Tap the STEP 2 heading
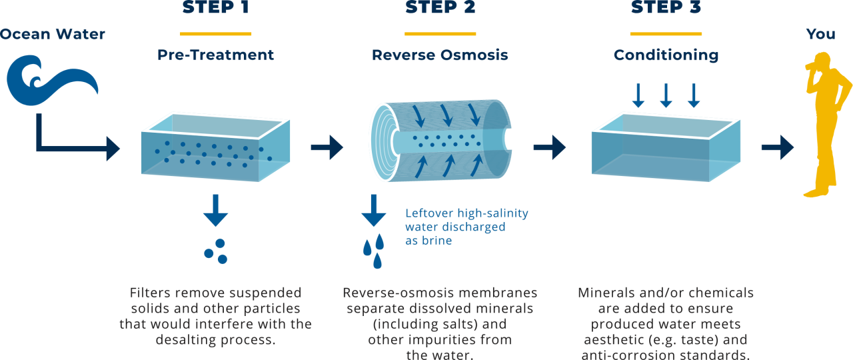440,9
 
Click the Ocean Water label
53,35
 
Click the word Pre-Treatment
215,55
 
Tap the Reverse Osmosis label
440,55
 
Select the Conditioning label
666,55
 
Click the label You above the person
820,34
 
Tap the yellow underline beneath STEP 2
440,33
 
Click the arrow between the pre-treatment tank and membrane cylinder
327,147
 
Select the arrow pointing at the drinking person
777,147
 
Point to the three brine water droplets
374,250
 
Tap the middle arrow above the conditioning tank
666,96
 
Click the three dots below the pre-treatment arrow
216,251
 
